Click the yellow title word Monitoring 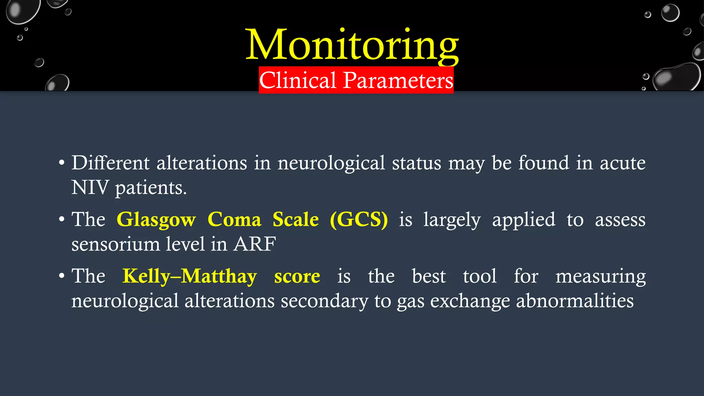tap(352, 45)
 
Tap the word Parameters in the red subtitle tap(398, 80)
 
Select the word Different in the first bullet tap(110, 163)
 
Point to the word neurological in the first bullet tap(331, 163)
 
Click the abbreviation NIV tap(90, 188)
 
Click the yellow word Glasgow tap(156, 220)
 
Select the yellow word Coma tap(234, 219)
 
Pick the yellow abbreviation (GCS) tap(359, 219)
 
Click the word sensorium tap(115, 244)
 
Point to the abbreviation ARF tap(254, 244)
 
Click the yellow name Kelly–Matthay tap(189, 276)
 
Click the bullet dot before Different tap(62, 163)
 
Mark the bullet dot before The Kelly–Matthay tap(62, 276)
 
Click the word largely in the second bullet tap(452, 220)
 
